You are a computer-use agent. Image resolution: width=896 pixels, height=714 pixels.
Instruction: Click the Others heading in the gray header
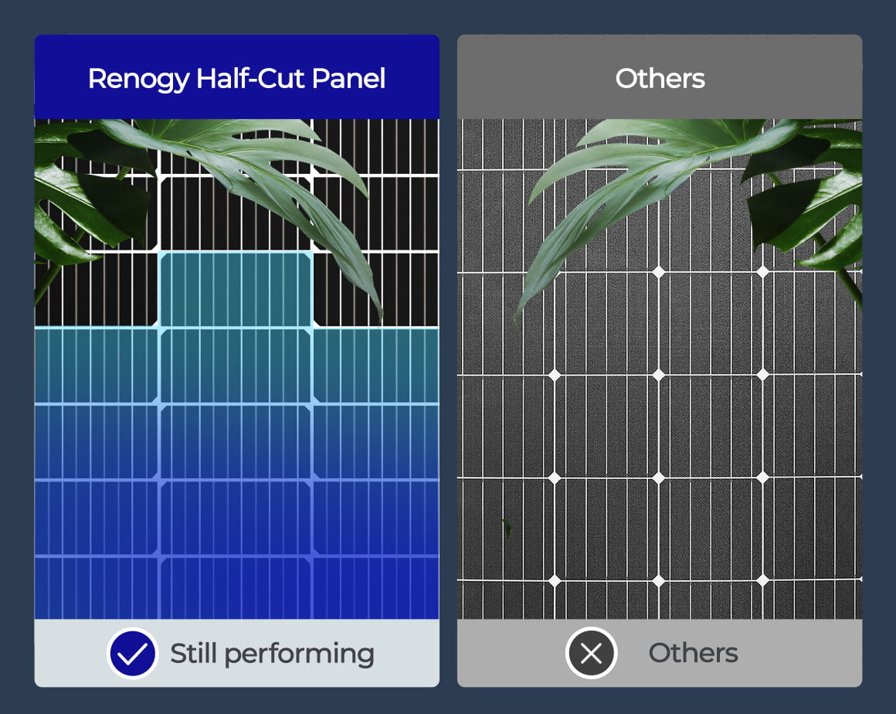(660, 79)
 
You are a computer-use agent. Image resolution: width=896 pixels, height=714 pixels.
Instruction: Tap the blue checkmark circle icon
(133, 654)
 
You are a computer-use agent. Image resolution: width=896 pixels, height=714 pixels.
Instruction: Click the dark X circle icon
(591, 654)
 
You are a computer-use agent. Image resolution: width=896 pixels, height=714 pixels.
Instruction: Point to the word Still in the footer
(194, 654)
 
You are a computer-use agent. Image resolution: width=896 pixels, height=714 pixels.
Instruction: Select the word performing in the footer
(300, 654)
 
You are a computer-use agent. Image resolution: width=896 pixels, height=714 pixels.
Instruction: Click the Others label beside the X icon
(693, 654)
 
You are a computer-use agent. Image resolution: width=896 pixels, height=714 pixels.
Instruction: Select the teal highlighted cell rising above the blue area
(236, 289)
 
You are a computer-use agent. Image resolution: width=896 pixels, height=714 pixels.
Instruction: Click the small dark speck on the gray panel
(507, 527)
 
